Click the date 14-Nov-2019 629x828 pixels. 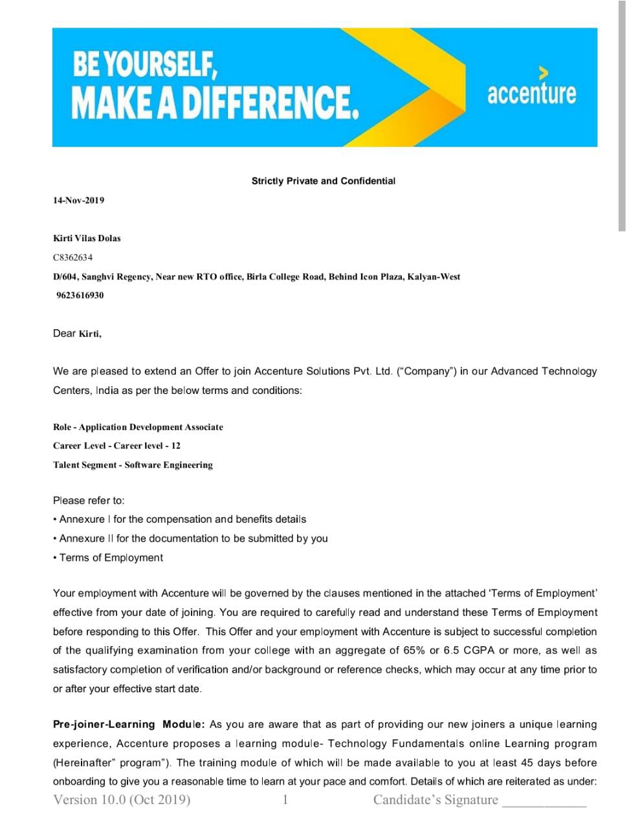(x=78, y=201)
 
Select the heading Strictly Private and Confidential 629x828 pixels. (x=323, y=181)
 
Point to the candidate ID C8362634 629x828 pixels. (x=72, y=257)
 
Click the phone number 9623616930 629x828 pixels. (x=80, y=296)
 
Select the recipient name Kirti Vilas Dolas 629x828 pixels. (x=87, y=238)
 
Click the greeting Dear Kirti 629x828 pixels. (x=77, y=334)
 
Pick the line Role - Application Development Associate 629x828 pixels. (x=138, y=427)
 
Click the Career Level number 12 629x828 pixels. (x=176, y=446)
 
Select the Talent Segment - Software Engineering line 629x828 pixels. (x=133, y=465)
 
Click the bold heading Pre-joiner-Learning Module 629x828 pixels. (x=129, y=724)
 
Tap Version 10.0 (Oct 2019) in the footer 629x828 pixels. (x=122, y=800)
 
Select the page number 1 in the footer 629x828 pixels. (x=285, y=800)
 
